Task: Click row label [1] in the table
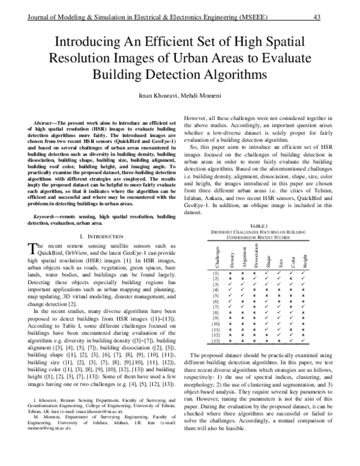[x=215, y=273]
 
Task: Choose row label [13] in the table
[x=215, y=340]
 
